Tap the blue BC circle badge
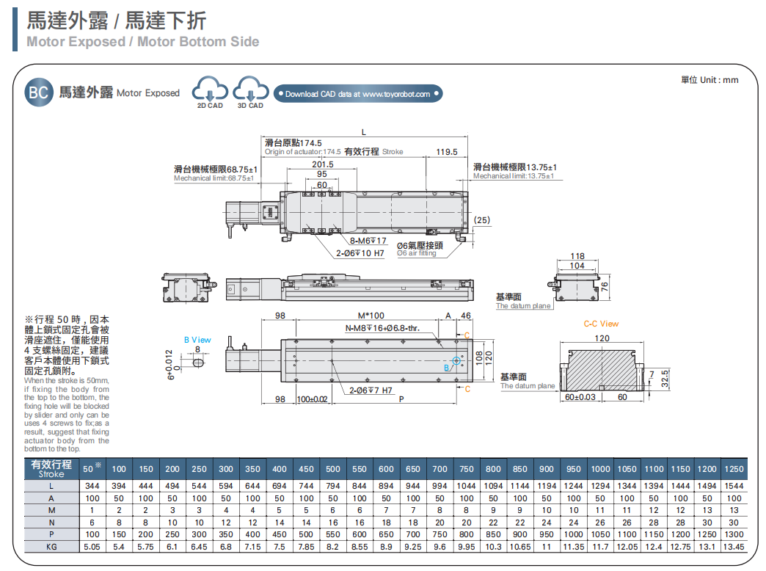point(37,92)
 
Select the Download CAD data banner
point(358,94)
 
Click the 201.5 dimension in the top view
point(322,164)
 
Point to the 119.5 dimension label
point(446,152)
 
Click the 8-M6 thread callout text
point(368,241)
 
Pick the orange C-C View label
point(601,324)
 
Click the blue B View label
point(197,340)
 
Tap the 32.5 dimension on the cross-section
point(663,379)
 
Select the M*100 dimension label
point(371,316)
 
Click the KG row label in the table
point(51,547)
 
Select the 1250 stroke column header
point(734,469)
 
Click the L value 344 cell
point(92,486)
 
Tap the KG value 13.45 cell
point(734,547)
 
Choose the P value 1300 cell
point(734,534)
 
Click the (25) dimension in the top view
point(481,220)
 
